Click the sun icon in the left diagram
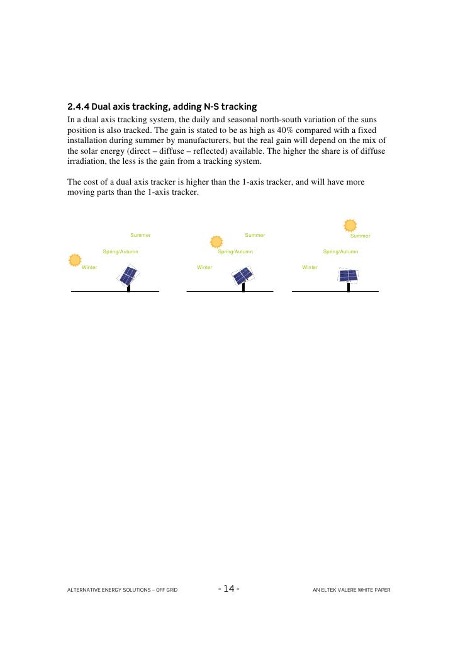point(75,260)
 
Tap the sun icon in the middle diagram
point(216,242)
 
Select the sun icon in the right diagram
point(350,226)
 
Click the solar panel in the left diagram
point(128,275)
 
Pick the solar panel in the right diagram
point(348,275)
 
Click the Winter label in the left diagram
point(89,268)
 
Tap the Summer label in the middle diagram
point(255,236)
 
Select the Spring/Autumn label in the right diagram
point(340,251)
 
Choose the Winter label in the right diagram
point(310,268)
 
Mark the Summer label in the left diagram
point(140,236)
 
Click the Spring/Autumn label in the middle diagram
point(235,251)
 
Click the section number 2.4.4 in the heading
point(78,106)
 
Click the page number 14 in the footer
point(228,589)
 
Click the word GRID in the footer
point(171,590)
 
